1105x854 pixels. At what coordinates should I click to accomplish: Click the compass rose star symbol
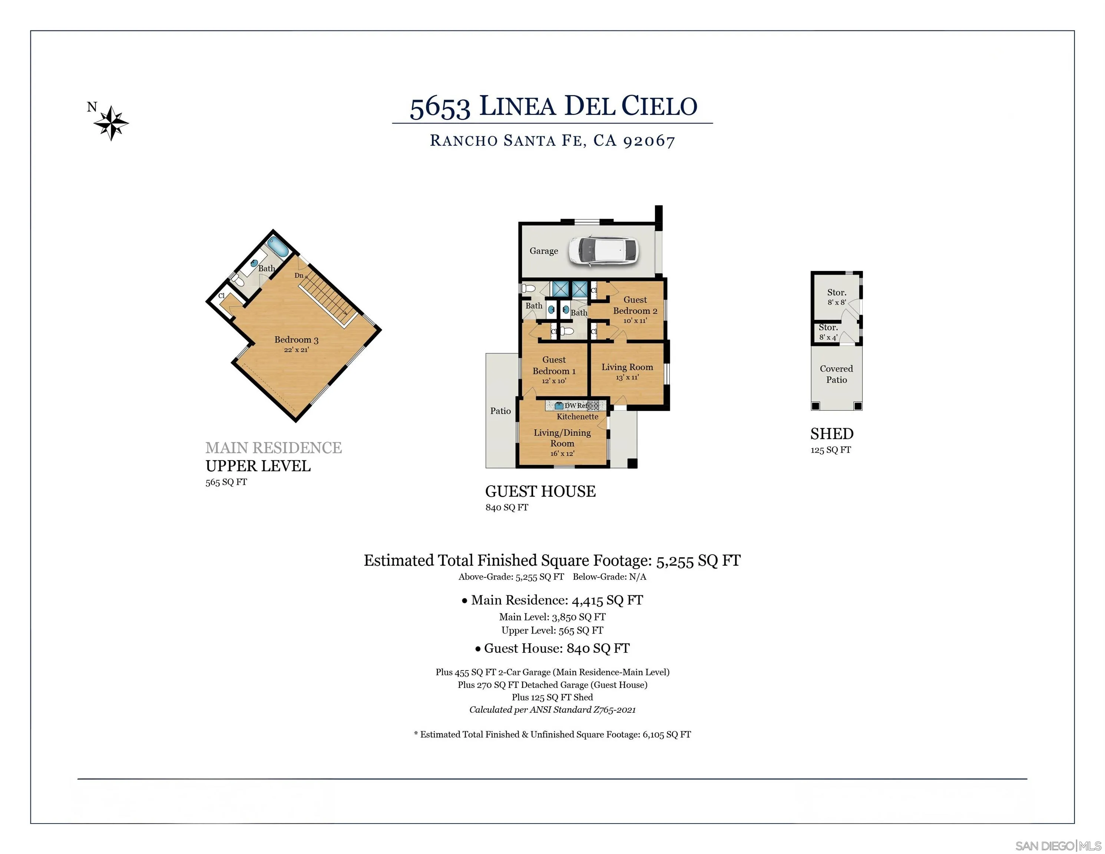coord(111,123)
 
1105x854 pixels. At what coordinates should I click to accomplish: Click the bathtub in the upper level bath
coord(278,247)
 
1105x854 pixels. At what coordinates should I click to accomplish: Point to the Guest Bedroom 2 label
coord(635,305)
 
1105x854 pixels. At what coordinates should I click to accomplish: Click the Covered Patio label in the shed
coord(836,374)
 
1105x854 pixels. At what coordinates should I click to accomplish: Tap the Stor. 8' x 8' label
coord(836,297)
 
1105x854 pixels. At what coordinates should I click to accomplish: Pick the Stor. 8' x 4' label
coord(828,332)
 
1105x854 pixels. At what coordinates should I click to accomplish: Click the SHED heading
coord(832,434)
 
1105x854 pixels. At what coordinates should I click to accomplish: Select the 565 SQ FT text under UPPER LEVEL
coord(226,482)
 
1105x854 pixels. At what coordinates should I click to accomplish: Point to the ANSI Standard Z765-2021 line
coord(552,710)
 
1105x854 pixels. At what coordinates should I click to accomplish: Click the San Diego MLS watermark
coord(1058,845)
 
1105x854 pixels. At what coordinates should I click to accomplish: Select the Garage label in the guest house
coord(543,251)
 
